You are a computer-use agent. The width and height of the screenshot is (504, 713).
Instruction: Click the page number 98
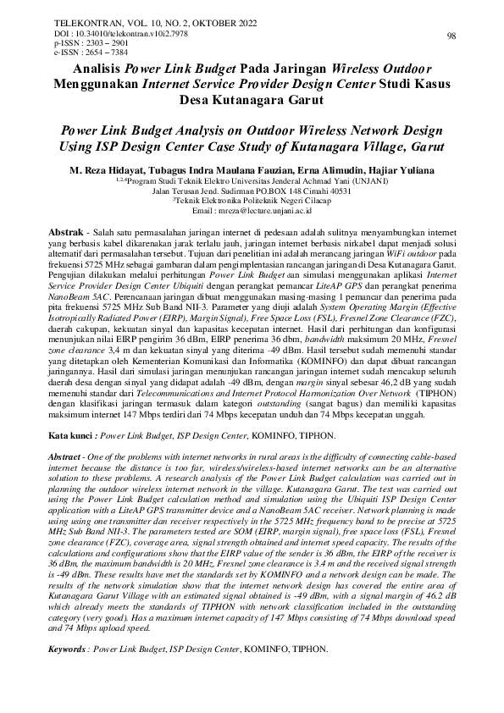(x=451, y=36)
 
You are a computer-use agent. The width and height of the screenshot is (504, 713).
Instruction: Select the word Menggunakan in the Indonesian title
(x=92, y=84)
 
